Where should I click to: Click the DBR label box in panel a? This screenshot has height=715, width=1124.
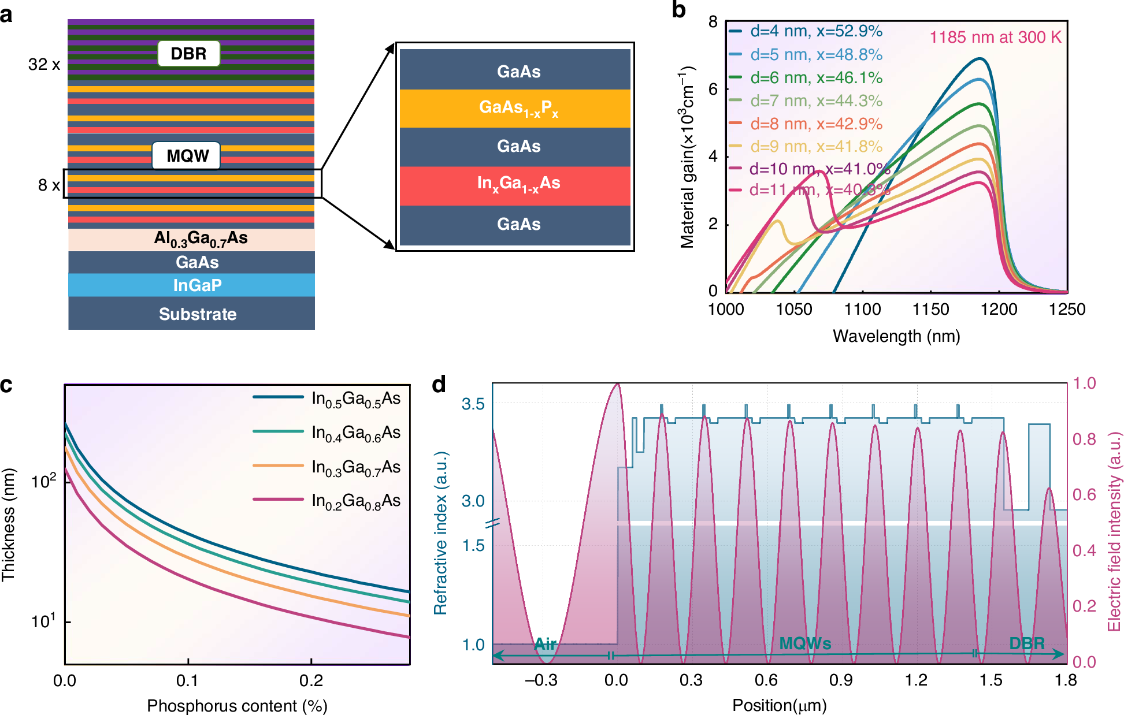pyautogui.click(x=188, y=54)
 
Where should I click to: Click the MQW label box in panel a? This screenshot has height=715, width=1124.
pyautogui.click(x=186, y=155)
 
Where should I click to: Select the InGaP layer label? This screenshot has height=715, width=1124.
pyautogui.click(x=197, y=285)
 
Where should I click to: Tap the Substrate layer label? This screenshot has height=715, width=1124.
pyautogui.click(x=197, y=314)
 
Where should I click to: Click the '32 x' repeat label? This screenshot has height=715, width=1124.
pyautogui.click(x=44, y=64)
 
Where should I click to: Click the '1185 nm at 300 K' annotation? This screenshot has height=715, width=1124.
pyautogui.click(x=995, y=38)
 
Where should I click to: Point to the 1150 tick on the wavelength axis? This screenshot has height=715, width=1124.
pyautogui.click(x=930, y=310)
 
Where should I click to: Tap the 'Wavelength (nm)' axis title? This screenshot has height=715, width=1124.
pyautogui.click(x=896, y=336)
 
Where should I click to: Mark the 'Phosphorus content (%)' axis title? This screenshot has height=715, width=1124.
pyautogui.click(x=237, y=706)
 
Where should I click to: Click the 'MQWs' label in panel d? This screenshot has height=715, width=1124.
pyautogui.click(x=805, y=643)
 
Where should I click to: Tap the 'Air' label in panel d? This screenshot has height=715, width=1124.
pyautogui.click(x=545, y=643)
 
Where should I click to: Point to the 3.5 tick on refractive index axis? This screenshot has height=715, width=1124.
pyautogui.click(x=473, y=404)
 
